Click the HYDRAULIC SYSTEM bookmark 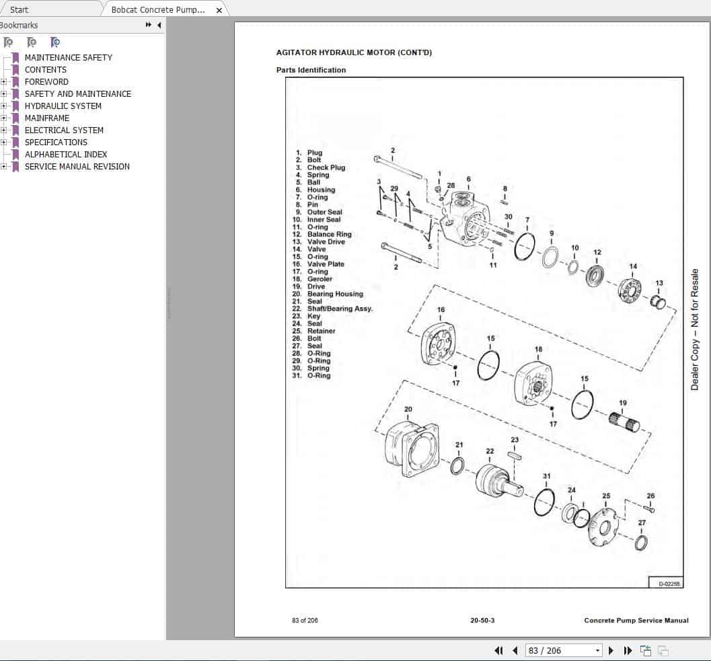pyautogui.click(x=63, y=106)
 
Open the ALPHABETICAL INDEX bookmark pyautogui.click(x=65, y=154)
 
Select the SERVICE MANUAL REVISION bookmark pyautogui.click(x=77, y=166)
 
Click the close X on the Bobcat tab pyautogui.click(x=219, y=10)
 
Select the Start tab pyautogui.click(x=20, y=9)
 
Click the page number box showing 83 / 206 pyautogui.click(x=564, y=650)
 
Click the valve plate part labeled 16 pyautogui.click(x=438, y=344)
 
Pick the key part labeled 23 pyautogui.click(x=515, y=455)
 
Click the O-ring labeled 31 pyautogui.click(x=545, y=502)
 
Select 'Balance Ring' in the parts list pyautogui.click(x=329, y=234)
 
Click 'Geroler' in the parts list pyautogui.click(x=320, y=279)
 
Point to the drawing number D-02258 pyautogui.click(x=666, y=583)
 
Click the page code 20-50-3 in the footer pyautogui.click(x=482, y=620)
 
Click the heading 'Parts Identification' pyautogui.click(x=311, y=70)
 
